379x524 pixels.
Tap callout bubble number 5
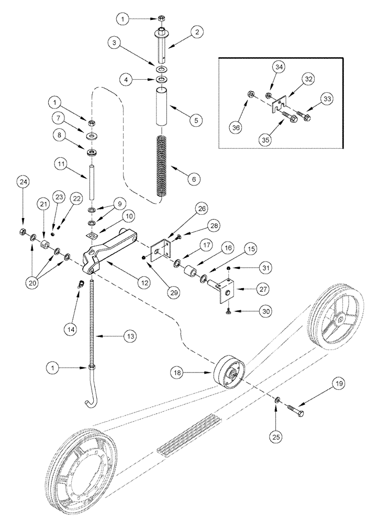pos(195,120)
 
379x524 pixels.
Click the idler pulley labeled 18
pos(229,373)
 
